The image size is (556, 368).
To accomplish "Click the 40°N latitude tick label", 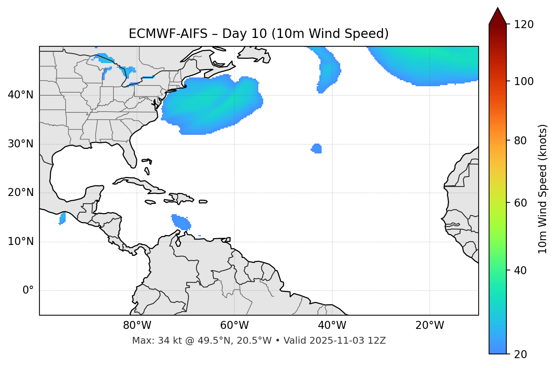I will click(x=20, y=95).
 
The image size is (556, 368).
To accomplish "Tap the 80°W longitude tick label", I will click(x=137, y=325).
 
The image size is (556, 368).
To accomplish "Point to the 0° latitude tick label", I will click(x=28, y=291).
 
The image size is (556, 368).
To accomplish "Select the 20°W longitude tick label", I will click(x=430, y=325).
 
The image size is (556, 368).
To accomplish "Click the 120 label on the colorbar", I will click(x=524, y=25).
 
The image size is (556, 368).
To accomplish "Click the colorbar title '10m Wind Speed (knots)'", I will click(x=543, y=189).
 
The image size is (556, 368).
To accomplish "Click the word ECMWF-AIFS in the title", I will click(x=168, y=34).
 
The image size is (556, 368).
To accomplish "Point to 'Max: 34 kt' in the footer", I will click(x=152, y=341).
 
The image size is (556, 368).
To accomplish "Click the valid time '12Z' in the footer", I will click(x=378, y=341).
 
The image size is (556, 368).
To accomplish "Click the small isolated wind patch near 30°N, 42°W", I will click(x=317, y=148).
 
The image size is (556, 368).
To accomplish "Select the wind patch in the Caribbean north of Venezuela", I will click(x=181, y=222).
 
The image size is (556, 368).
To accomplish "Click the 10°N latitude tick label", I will click(x=20, y=242).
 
